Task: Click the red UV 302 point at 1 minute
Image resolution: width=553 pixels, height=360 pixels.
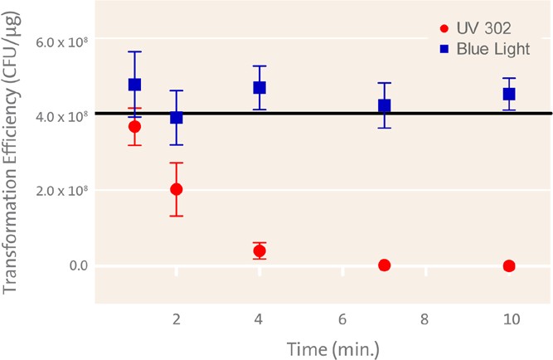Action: (x=134, y=126)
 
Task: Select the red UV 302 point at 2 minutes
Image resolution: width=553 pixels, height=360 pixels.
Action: (x=177, y=189)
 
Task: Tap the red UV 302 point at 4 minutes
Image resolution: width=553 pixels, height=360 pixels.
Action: (x=260, y=251)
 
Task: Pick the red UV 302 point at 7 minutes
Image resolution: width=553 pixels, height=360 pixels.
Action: (x=384, y=265)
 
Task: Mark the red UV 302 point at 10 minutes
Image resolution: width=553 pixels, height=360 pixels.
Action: (x=509, y=265)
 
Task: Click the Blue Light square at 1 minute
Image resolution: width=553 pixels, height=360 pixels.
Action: (x=134, y=85)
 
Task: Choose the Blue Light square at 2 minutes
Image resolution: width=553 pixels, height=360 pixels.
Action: (x=177, y=118)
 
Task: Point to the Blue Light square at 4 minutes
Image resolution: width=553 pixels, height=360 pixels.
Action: (x=260, y=87)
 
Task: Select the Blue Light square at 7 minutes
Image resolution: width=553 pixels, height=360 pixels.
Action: (x=384, y=106)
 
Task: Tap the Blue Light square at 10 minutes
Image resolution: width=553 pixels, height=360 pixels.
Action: (x=509, y=94)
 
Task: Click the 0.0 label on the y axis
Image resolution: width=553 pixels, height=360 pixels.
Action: (x=77, y=266)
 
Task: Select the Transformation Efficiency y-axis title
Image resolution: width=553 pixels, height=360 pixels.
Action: (x=12, y=158)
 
